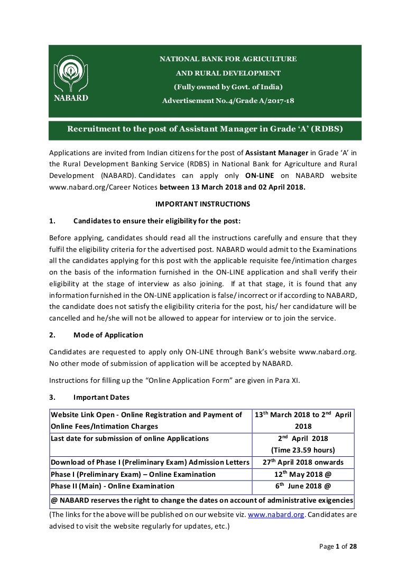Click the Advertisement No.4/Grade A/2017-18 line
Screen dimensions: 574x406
click(x=228, y=100)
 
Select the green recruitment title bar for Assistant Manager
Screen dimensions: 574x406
click(x=205, y=129)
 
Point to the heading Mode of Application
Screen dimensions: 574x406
click(x=108, y=335)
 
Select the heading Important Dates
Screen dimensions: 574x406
click(x=101, y=397)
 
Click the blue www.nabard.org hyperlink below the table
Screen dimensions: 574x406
click(x=276, y=514)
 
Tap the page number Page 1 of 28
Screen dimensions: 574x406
click(x=338, y=547)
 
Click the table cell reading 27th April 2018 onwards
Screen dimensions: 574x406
click(x=303, y=462)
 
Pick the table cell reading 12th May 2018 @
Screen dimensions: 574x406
click(x=303, y=474)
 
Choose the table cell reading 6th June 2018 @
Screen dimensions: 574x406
click(x=303, y=486)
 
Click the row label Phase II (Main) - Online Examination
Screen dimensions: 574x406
click(x=113, y=486)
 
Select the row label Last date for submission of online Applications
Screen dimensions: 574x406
click(x=130, y=438)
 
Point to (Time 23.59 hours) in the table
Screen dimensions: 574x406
click(x=303, y=450)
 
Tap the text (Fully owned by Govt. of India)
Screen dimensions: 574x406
click(x=228, y=87)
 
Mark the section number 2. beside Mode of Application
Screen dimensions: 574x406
click(x=52, y=335)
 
